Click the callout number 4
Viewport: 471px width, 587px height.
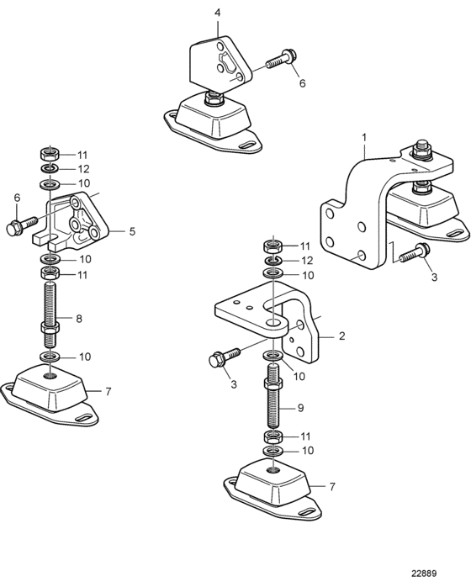click(218, 13)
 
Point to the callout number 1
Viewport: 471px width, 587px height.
click(364, 137)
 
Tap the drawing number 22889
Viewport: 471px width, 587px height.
click(424, 574)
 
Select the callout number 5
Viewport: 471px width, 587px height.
click(132, 231)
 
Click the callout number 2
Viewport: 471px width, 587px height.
click(341, 336)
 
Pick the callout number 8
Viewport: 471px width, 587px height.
click(78, 319)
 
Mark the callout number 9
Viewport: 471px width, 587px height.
click(300, 408)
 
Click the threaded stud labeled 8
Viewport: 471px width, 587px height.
click(50, 314)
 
